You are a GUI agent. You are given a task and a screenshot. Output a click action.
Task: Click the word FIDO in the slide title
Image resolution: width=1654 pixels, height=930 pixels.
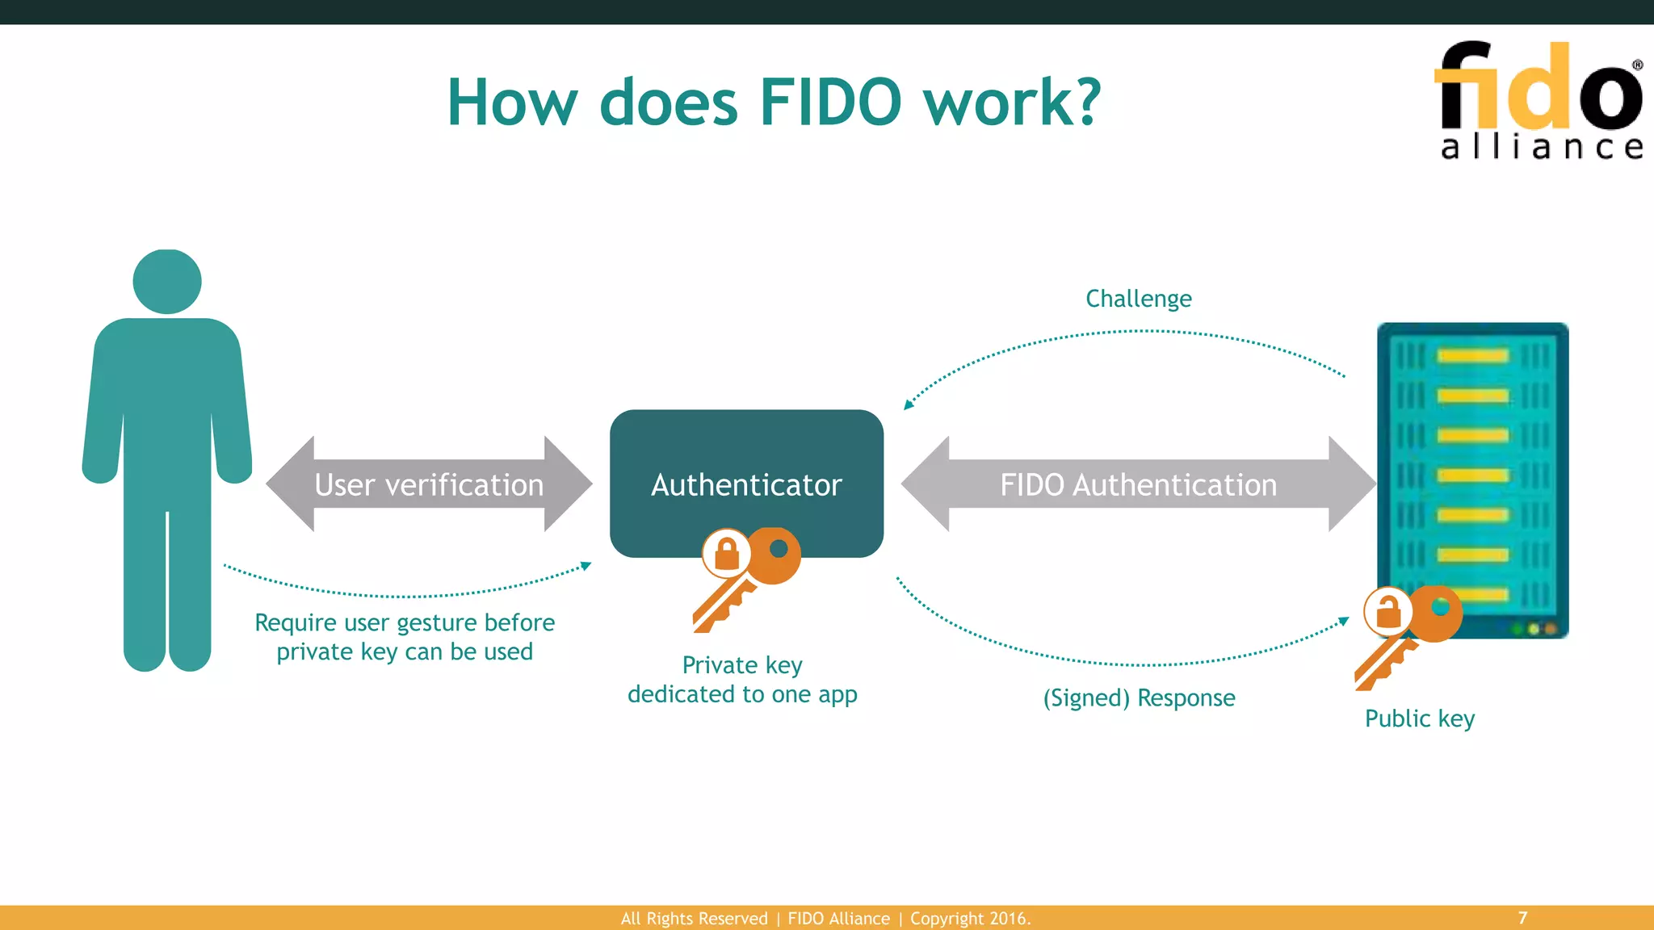830,103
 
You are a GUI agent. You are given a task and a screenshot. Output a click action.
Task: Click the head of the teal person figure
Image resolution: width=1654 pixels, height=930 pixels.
167,281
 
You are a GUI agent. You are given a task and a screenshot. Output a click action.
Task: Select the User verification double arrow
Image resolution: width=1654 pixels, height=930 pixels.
429,484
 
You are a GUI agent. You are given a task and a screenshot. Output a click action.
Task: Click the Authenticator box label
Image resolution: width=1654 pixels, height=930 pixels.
746,484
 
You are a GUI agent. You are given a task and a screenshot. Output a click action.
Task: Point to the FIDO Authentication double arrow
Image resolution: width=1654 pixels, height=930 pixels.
1138,484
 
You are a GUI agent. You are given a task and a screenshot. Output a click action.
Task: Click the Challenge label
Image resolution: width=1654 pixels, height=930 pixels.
1138,299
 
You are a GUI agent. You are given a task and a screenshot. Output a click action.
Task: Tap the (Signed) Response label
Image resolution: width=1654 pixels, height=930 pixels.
1139,697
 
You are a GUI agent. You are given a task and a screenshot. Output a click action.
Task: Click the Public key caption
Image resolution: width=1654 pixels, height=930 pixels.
1420,718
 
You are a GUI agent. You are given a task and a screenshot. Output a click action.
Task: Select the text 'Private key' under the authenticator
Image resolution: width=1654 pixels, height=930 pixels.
742,665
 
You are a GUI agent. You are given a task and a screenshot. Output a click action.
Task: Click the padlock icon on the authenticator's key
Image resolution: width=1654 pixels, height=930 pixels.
727,554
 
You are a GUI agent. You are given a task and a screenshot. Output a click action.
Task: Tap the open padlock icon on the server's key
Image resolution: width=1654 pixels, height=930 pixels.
1388,612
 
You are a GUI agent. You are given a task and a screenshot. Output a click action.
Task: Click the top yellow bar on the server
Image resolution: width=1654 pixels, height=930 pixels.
1472,356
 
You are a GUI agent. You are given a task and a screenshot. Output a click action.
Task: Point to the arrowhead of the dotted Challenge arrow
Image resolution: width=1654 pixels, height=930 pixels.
908,404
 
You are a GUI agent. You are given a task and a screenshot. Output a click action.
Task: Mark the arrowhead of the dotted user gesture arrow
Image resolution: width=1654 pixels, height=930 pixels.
587,565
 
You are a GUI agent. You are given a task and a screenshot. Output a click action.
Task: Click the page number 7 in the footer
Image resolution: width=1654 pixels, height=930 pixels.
1522,918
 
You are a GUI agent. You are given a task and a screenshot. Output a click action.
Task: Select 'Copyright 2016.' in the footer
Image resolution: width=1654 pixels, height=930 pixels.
970,919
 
